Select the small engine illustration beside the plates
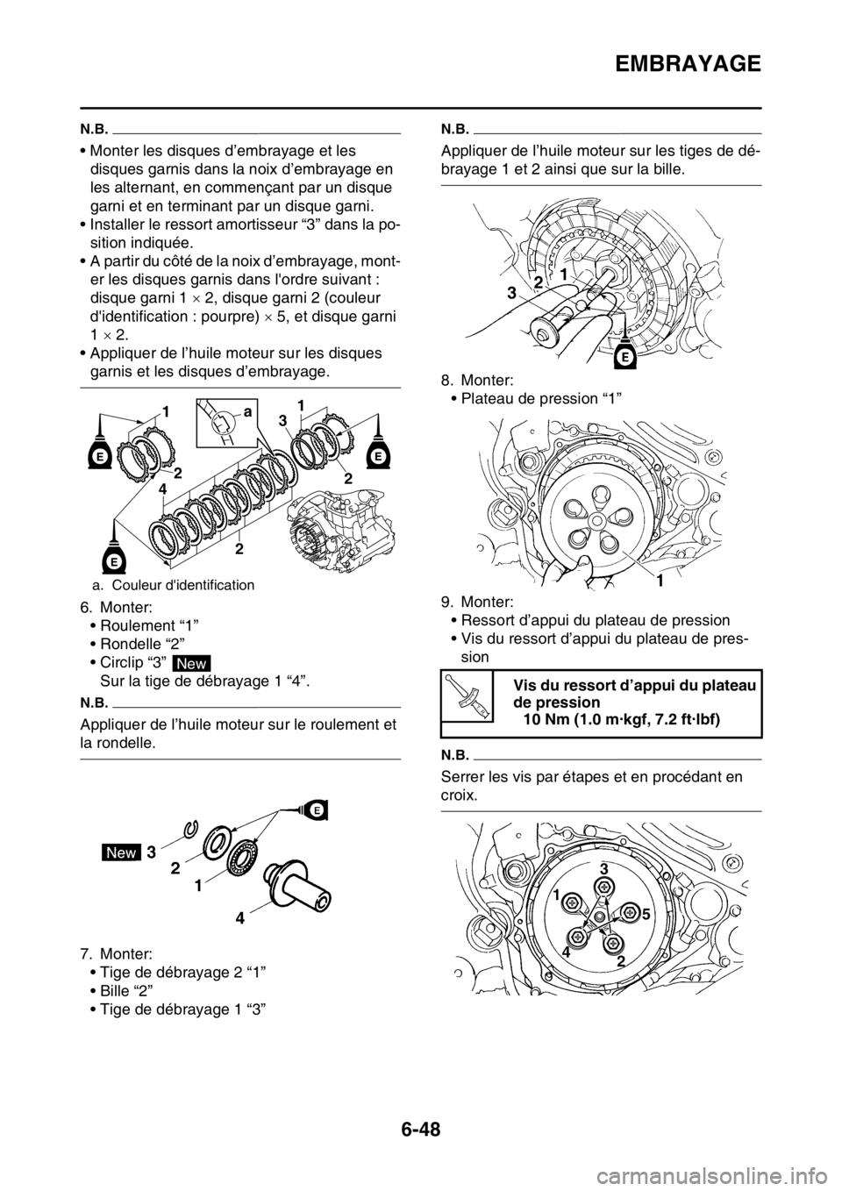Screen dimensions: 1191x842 coord(341,517)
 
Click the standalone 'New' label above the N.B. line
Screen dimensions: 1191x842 coord(190,664)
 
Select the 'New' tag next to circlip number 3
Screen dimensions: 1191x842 coord(120,852)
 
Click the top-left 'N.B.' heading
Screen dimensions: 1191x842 coord(91,126)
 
